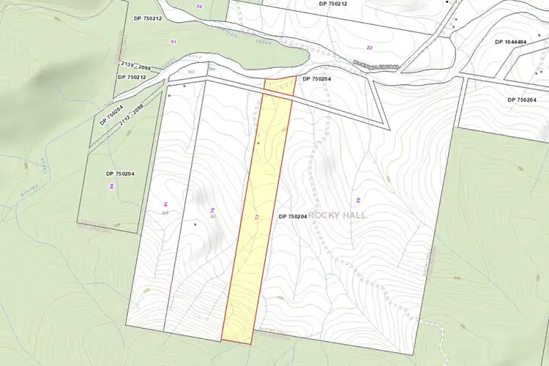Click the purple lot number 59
pyautogui.click(x=199, y=6)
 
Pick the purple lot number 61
pyautogui.click(x=173, y=42)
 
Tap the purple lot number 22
pyautogui.click(x=370, y=47)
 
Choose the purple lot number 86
pyautogui.click(x=111, y=187)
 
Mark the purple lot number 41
pyautogui.click(x=166, y=203)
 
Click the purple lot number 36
pyautogui.click(x=212, y=210)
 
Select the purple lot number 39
pyautogui.click(x=358, y=201)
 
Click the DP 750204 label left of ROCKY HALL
pyautogui.click(x=292, y=217)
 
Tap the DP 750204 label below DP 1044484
pyautogui.click(x=521, y=100)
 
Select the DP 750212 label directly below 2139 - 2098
pyautogui.click(x=131, y=77)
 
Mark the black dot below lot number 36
pyautogui.click(x=195, y=224)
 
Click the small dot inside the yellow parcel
pyautogui.click(x=258, y=143)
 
